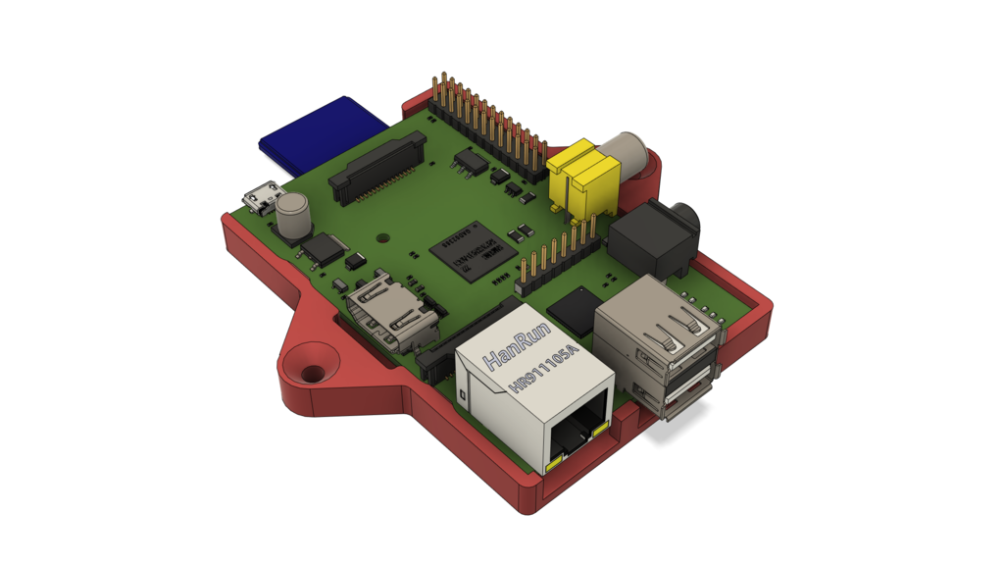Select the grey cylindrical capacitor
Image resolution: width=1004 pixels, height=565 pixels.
293,217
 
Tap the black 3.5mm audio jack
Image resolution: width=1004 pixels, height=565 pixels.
655,231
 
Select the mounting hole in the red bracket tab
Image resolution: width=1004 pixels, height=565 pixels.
313,374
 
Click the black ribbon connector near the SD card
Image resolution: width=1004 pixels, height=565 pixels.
378,168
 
